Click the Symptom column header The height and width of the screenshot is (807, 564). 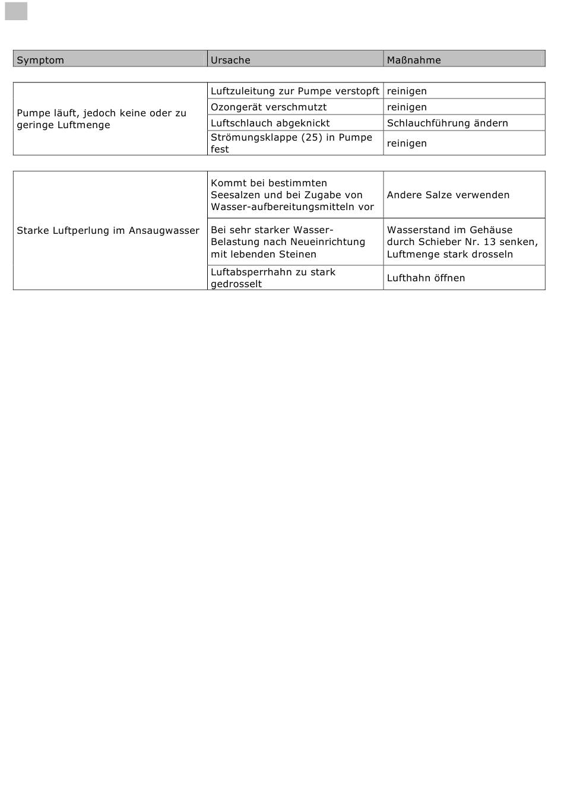pos(40,60)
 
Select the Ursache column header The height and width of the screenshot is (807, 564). pos(230,60)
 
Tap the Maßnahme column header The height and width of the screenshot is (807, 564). pos(414,60)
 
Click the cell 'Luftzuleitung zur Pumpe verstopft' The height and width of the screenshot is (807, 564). pos(294,91)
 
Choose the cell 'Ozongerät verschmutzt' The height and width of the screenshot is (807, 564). pos(268,107)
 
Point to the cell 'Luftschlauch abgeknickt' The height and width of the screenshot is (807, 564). pos(270,123)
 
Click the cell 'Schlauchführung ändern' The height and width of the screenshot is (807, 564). pos(447,123)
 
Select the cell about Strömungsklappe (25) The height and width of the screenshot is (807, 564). pos(291,143)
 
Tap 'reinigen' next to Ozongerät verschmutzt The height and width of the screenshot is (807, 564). pos(407,107)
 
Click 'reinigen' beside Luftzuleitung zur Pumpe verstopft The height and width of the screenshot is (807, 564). pos(407,91)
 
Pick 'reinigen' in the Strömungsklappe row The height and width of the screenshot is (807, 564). pos(407,143)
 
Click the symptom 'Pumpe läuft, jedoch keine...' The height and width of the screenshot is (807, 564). pos(101,119)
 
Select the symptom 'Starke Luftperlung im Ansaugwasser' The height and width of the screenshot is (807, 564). pos(108,230)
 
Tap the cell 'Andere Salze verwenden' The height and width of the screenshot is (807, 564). pos(448,195)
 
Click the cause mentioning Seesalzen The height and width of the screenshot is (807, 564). pos(292,195)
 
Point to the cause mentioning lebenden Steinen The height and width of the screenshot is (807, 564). pos(288,242)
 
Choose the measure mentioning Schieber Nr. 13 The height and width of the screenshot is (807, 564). pos(462,242)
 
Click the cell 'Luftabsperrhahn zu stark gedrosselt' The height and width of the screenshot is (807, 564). pos(273,278)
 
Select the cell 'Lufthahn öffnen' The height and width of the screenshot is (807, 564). pos(426,278)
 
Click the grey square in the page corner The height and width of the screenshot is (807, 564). pos(16,11)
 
